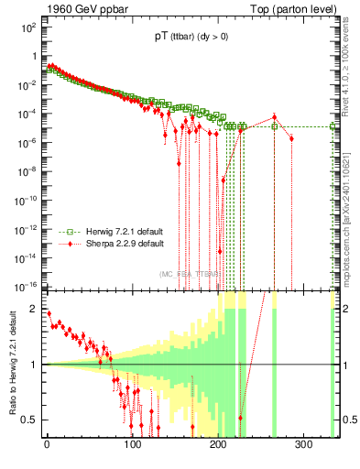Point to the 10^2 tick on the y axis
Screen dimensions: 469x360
[x=29, y=27]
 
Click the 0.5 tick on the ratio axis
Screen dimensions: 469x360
[x=30, y=420]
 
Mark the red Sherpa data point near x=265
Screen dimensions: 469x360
[x=274, y=116]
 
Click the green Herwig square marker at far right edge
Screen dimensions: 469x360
[x=333, y=126]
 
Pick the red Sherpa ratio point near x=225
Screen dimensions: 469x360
[x=241, y=418]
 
